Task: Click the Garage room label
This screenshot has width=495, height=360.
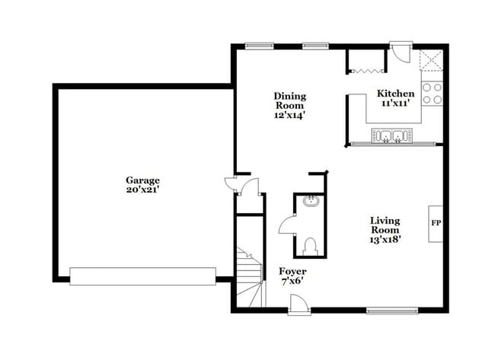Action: [142, 180]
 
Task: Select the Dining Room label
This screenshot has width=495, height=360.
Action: [290, 101]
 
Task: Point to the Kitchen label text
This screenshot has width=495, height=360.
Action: [396, 94]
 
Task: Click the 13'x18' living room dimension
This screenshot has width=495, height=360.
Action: [385, 239]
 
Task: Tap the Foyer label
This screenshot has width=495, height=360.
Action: [292, 271]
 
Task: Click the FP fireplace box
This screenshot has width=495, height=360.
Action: [436, 224]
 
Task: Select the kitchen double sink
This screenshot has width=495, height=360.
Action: [392, 136]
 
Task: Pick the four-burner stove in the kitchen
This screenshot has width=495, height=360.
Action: [432, 93]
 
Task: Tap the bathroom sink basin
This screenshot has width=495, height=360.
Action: [310, 202]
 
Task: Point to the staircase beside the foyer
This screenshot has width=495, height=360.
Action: [249, 278]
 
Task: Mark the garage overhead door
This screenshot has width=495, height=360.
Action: [142, 276]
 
